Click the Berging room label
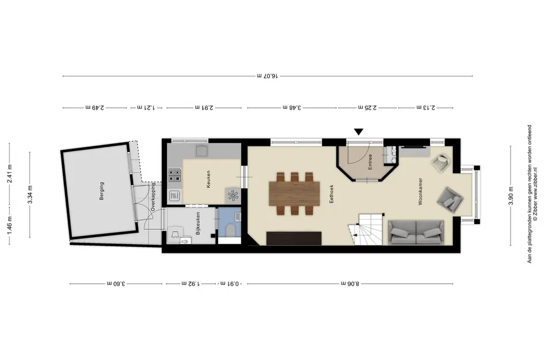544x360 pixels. pos(102,191)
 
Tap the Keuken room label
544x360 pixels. pos(208,179)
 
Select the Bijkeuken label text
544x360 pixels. pos(198,223)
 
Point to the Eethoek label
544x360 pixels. pos(332,194)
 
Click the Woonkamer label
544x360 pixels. pos(420,192)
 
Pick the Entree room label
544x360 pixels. pos(370,162)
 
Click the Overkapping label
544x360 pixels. pos(153,198)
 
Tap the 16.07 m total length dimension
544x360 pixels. pos(268,75)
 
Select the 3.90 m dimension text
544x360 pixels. pos(511,196)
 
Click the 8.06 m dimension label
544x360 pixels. pos(350,283)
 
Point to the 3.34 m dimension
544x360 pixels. pos(30,195)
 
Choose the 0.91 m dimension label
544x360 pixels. pos(229,283)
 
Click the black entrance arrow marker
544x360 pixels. pos(359,132)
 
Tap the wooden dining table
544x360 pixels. pos(294,194)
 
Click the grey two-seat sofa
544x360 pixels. pos(416,232)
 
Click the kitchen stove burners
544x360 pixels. pos(174,175)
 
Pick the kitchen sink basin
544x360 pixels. pos(201,151)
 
